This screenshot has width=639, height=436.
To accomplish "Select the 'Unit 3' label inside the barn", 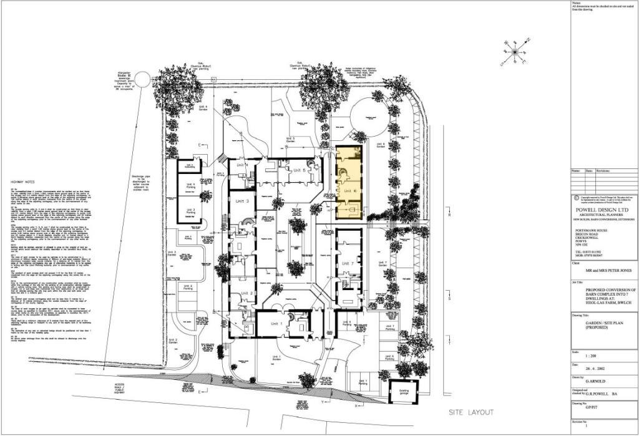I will pyautogui.click(x=243, y=201).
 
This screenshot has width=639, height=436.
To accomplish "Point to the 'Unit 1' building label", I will pyautogui.click(x=276, y=324).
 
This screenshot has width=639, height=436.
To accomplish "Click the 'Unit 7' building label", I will pyautogui.click(x=348, y=264).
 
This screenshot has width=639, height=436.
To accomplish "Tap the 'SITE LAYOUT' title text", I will pyautogui.click(x=472, y=412).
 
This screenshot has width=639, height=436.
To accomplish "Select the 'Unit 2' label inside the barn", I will pyautogui.click(x=245, y=293).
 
